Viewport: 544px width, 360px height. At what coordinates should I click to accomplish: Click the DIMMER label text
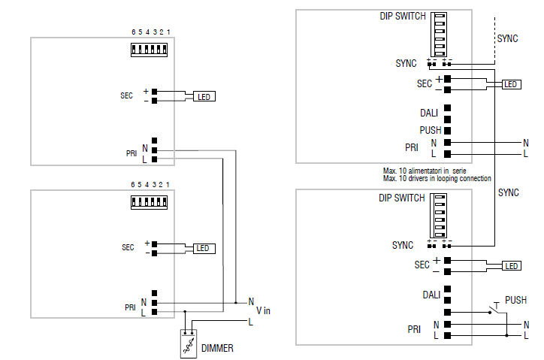click(x=217, y=349)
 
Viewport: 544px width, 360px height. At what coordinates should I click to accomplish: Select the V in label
click(x=264, y=310)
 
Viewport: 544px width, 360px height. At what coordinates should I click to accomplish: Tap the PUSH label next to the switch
click(x=515, y=299)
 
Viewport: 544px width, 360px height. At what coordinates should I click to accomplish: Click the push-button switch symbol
click(x=495, y=308)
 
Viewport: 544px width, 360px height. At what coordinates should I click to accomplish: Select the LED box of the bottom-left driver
click(x=204, y=248)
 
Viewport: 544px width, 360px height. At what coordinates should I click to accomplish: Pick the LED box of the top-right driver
click(x=511, y=84)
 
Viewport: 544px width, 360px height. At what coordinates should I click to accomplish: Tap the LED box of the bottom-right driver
click(x=511, y=266)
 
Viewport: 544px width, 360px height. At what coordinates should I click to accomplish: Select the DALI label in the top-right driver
click(x=430, y=114)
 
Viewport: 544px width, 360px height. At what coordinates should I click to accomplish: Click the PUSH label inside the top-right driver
click(x=431, y=130)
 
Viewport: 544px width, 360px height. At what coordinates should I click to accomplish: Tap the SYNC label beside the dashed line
click(x=509, y=38)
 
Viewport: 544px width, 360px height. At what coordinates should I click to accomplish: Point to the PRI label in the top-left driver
click(x=131, y=153)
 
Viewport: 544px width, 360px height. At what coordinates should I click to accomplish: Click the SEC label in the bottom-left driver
click(x=127, y=247)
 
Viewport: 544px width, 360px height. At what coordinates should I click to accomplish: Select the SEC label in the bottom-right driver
click(x=422, y=265)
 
